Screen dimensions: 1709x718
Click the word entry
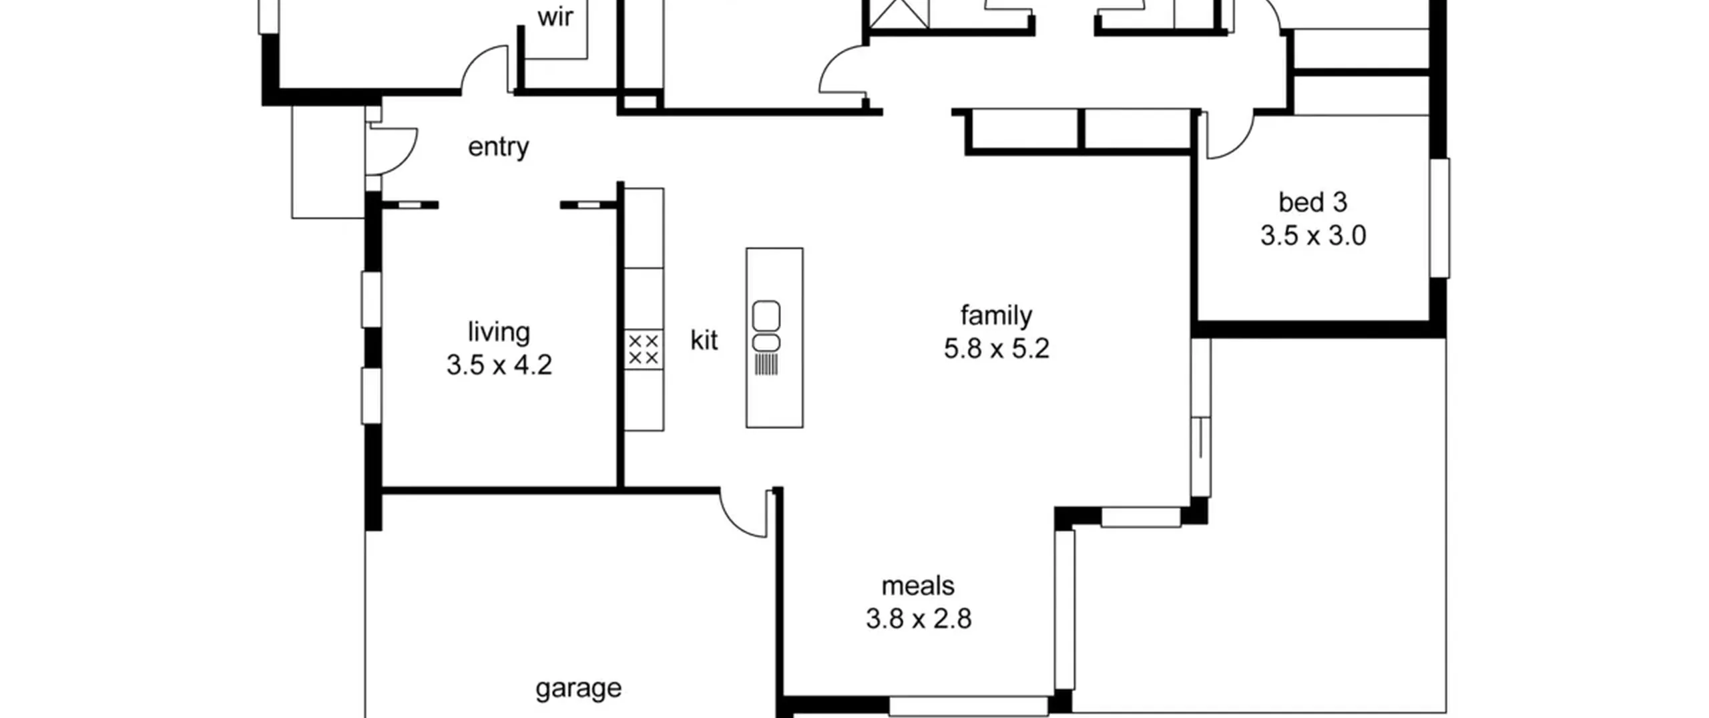[498, 147]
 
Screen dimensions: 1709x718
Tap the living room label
[499, 331]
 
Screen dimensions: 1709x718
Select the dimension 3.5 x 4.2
[499, 365]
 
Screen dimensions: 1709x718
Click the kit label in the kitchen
[704, 340]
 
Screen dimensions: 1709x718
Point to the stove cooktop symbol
[644, 349]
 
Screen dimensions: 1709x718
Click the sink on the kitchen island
[766, 327]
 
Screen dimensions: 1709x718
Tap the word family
[996, 315]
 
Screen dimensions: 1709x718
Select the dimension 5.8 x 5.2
[996, 349]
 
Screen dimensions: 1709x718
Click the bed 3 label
[1312, 202]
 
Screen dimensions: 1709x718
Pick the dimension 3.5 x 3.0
[1312, 236]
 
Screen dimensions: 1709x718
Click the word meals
[918, 586]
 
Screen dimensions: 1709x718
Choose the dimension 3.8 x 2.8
[918, 619]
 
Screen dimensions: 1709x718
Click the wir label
[555, 17]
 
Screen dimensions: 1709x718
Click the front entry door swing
[393, 150]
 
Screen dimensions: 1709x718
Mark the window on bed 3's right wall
[1439, 218]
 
